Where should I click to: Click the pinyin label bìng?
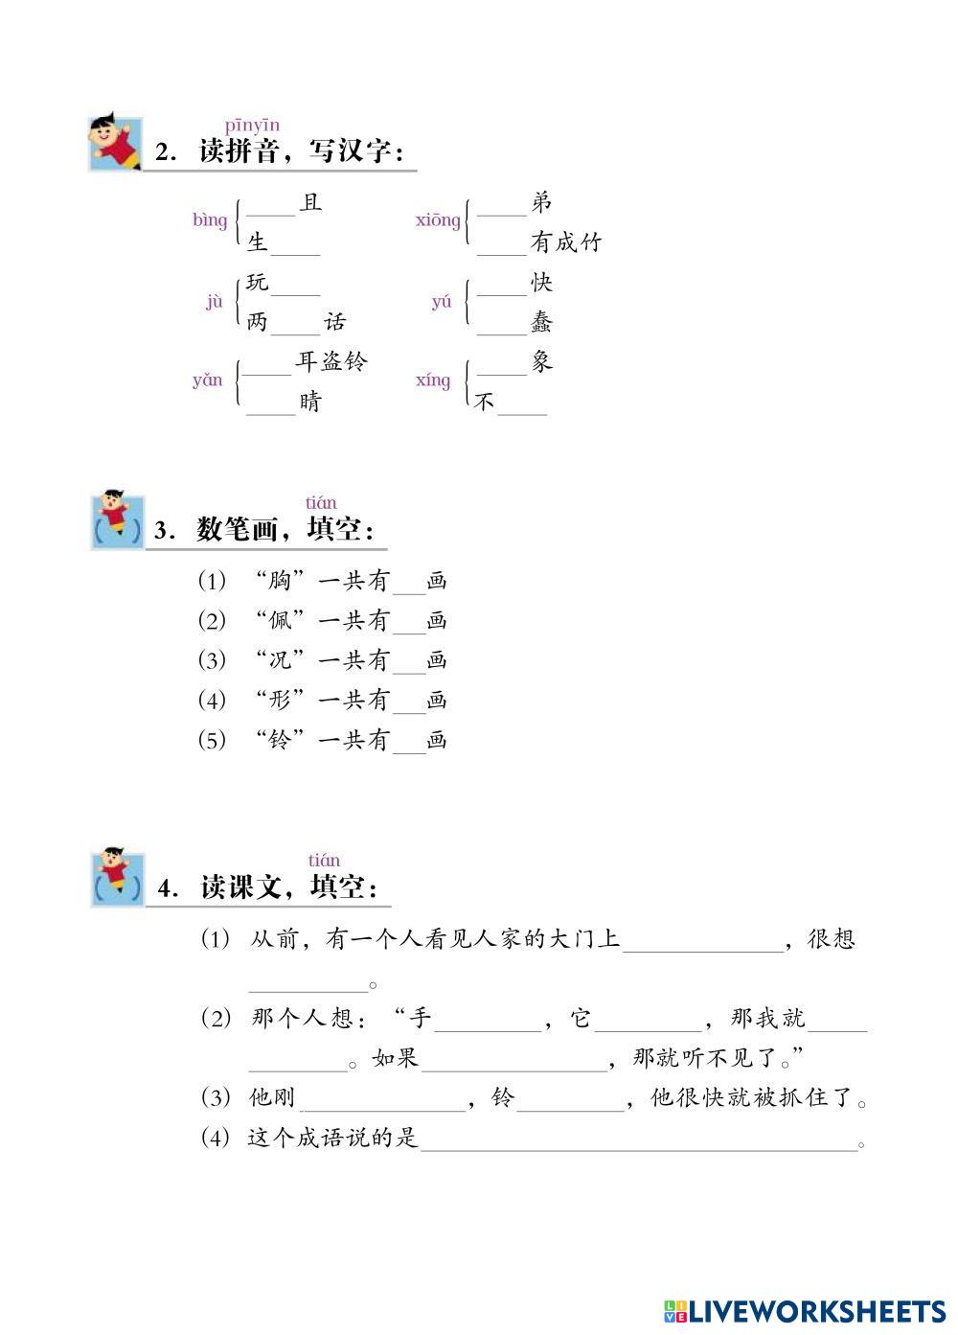coord(210,220)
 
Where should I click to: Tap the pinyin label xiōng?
coord(438,220)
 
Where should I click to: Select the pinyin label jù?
coord(214,302)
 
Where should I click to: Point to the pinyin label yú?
coord(442,302)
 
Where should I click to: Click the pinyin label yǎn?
coord(208,380)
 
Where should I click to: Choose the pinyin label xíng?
coord(433,380)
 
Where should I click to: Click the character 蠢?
coord(542,323)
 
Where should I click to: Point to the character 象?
coord(542,362)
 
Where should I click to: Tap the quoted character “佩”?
coord(279,621)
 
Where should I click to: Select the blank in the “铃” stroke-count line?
coord(409,746)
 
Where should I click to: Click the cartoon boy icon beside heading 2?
coord(115,144)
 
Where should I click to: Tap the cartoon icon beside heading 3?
coord(117,521)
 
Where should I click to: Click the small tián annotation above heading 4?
coord(324,861)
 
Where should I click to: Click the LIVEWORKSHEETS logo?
coord(804,1310)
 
